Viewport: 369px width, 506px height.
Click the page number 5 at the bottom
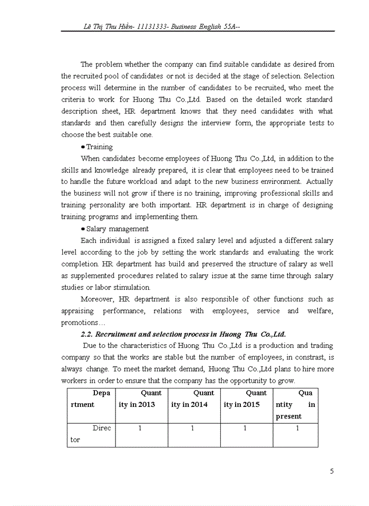tap(332, 471)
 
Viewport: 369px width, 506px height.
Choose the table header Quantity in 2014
tap(194, 398)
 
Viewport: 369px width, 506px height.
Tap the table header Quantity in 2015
tap(246, 398)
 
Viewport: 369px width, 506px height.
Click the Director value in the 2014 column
tap(193, 429)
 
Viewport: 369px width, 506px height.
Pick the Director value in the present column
tap(297, 429)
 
